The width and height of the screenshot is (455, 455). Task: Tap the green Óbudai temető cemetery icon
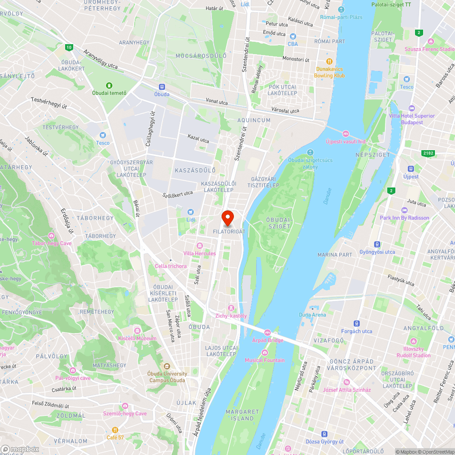[x=109, y=85]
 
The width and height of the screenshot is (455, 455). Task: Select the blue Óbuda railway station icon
[x=162, y=86]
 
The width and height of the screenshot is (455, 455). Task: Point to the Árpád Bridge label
[x=268, y=340]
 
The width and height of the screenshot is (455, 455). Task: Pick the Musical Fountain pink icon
[x=265, y=353]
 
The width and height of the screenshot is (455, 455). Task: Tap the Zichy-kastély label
[x=231, y=316]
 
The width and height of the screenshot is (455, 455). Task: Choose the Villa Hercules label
[x=199, y=253]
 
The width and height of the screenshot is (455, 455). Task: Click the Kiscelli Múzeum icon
[x=137, y=330]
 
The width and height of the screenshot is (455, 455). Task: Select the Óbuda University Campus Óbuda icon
[x=167, y=366]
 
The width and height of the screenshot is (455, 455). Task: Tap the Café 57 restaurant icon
[x=115, y=430]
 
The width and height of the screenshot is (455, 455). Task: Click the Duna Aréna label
[x=312, y=315]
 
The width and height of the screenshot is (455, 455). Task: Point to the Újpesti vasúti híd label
[x=346, y=142]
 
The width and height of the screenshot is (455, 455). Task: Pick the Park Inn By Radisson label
[x=404, y=218]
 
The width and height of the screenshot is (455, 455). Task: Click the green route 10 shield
[x=68, y=47]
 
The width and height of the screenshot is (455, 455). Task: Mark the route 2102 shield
[x=427, y=153]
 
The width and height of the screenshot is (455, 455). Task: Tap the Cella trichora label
[x=171, y=266]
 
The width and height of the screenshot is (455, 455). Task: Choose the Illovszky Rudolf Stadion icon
[x=413, y=341]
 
